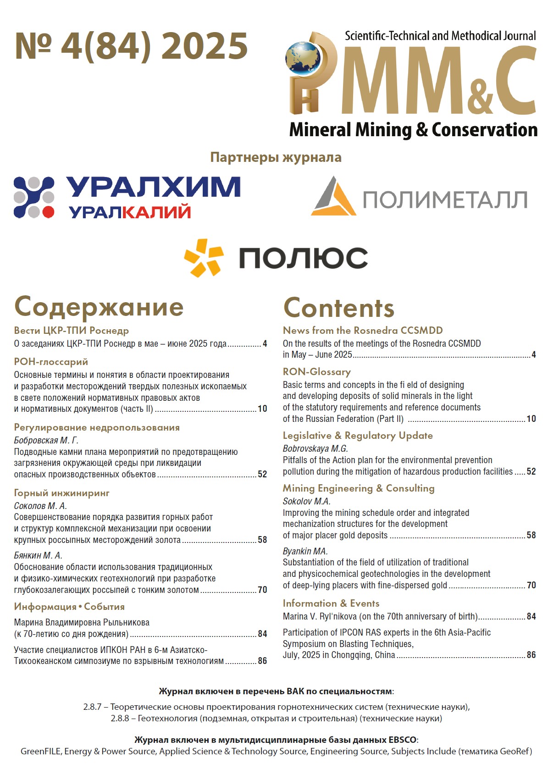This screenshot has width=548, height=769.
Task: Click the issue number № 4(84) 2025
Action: tap(131, 46)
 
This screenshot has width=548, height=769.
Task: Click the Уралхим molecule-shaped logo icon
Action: tap(34, 197)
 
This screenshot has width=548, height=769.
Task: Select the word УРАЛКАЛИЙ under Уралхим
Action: tap(130, 212)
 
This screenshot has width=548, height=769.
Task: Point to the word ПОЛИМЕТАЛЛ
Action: tap(445, 200)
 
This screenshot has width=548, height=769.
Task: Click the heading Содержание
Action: tap(99, 307)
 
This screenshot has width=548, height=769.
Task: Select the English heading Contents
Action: tap(338, 308)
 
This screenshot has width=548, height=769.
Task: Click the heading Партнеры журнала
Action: tap(276, 157)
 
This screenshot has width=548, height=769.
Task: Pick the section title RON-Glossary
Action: tap(316, 371)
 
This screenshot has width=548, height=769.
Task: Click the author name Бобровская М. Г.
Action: tap(46, 440)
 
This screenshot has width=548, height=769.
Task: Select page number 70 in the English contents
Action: tap(531, 585)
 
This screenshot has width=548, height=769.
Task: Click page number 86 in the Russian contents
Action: tap(262, 661)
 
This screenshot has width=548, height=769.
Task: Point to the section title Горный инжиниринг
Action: tap(62, 493)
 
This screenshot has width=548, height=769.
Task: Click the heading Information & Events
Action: tap(331, 603)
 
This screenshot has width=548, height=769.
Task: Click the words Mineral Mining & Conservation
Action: tap(413, 130)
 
